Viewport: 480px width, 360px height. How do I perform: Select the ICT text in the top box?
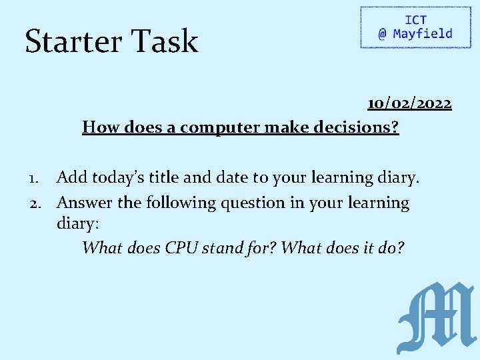click(x=415, y=20)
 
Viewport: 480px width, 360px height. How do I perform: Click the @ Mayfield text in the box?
click(x=415, y=34)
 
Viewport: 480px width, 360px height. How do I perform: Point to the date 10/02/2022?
click(x=409, y=103)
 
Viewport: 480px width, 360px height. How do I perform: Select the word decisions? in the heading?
click(x=361, y=127)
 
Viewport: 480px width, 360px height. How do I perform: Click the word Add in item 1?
click(x=71, y=177)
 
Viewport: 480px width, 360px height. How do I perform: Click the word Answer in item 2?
click(x=85, y=202)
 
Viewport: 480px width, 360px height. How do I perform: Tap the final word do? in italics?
click(x=391, y=248)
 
